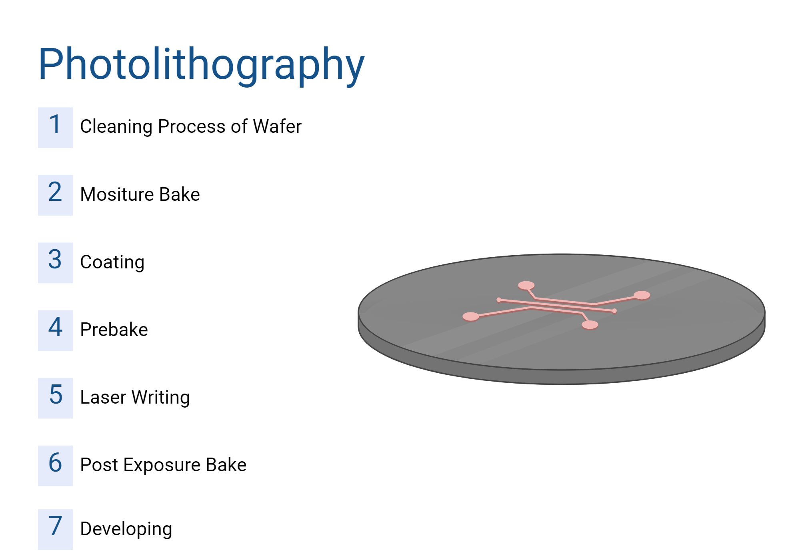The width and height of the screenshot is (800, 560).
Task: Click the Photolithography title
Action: (x=201, y=64)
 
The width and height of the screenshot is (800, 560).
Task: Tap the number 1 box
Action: (x=55, y=127)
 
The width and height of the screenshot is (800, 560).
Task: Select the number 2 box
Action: (x=55, y=195)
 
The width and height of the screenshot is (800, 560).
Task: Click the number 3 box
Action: (x=55, y=262)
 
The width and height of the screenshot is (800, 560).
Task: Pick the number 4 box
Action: (x=55, y=330)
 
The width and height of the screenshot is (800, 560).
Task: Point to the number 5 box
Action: (x=55, y=398)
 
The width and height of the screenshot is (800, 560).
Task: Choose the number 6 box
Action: (x=55, y=466)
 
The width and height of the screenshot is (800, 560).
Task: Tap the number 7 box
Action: (x=55, y=529)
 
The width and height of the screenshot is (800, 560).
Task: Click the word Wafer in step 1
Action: (x=277, y=126)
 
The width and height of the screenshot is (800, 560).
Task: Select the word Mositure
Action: (x=117, y=194)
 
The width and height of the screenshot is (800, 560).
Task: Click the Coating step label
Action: (x=112, y=262)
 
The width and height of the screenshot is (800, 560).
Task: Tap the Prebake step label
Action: (x=114, y=330)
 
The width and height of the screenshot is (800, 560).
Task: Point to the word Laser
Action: (x=103, y=397)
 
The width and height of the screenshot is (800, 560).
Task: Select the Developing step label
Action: (x=126, y=529)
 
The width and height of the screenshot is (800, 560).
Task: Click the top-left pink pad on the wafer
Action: (x=526, y=285)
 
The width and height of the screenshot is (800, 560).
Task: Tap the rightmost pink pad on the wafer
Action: (x=642, y=295)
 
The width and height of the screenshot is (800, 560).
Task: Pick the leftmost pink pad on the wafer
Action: (x=471, y=316)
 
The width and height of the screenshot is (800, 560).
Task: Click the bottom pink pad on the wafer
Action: (x=590, y=325)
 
